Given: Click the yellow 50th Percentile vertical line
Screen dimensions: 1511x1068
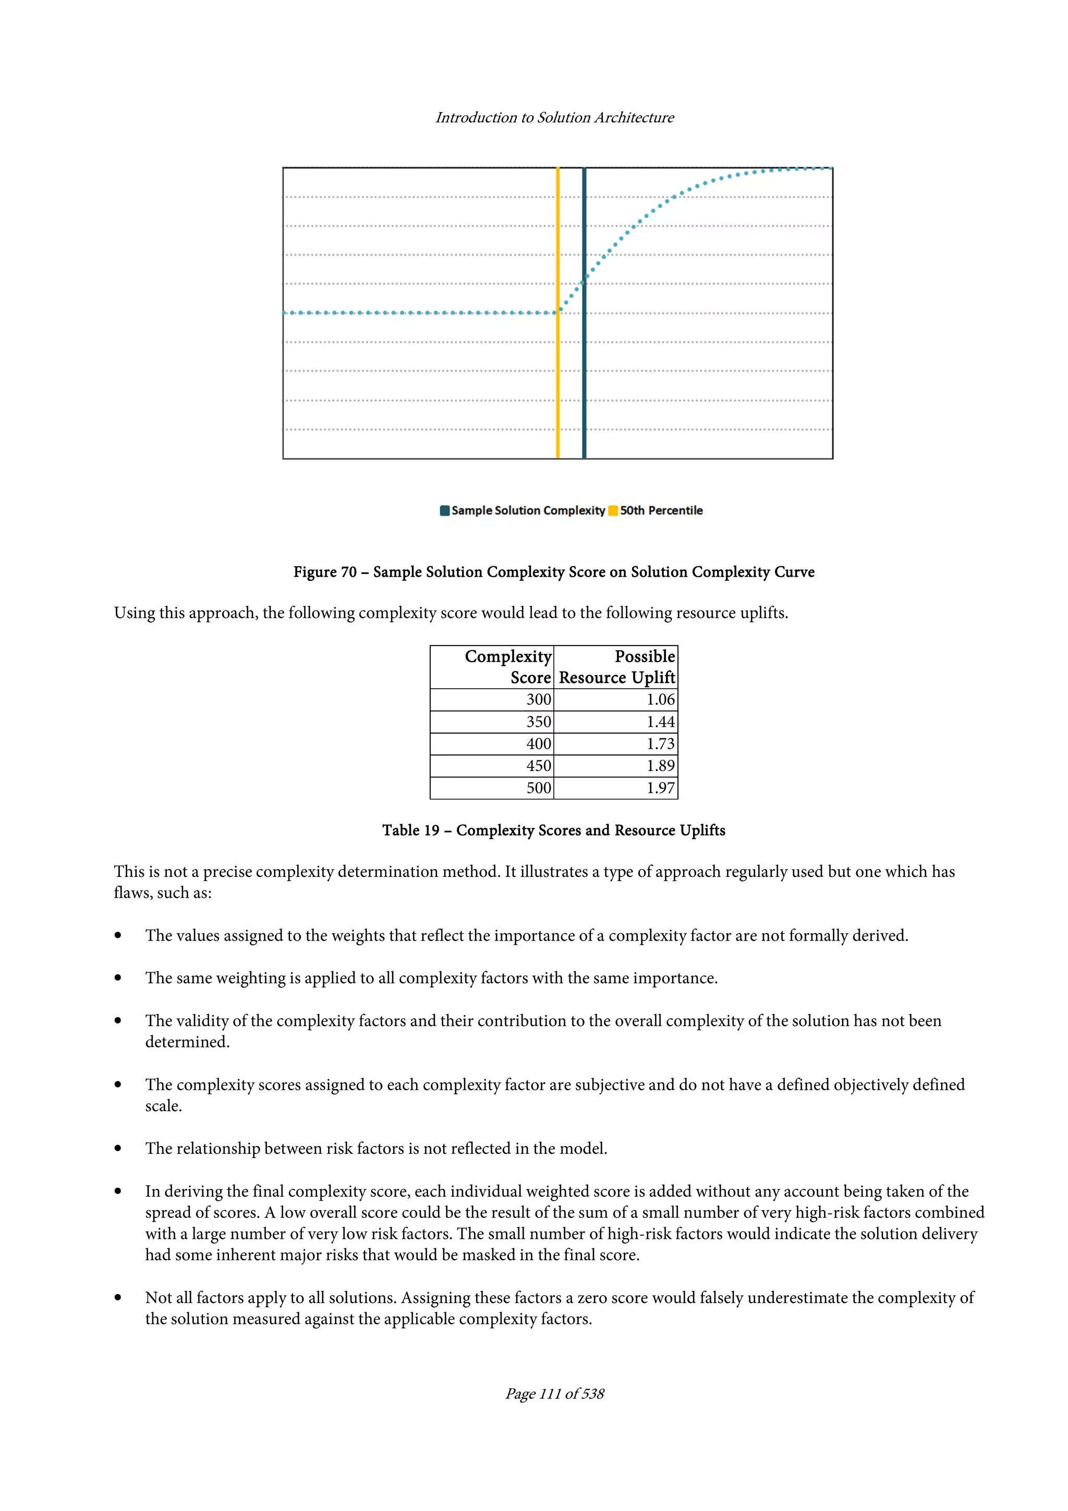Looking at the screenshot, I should [557, 382].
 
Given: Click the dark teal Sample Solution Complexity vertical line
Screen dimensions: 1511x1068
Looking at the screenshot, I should [584, 382].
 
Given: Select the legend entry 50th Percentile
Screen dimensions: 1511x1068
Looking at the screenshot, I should [661, 510].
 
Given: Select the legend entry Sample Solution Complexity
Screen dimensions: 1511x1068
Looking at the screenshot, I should [528, 510].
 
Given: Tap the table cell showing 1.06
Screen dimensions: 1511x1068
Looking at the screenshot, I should [660, 700].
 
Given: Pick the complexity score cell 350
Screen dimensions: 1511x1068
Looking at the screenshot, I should [538, 722].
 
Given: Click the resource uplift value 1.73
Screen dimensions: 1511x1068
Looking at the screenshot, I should [660, 744].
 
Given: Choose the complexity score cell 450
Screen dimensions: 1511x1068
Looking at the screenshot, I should [538, 766].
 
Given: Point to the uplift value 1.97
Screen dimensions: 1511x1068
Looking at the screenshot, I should [660, 788].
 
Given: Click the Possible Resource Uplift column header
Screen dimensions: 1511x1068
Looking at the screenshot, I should [616, 667].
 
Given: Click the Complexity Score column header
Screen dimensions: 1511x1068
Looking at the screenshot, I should [508, 667].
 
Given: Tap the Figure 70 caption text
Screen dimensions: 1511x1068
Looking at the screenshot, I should [553, 572].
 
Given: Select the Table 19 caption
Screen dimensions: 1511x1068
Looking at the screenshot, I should [553, 831].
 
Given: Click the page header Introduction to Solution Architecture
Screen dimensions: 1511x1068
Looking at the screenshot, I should [554, 117].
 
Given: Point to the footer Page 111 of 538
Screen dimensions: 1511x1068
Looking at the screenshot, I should [554, 1393].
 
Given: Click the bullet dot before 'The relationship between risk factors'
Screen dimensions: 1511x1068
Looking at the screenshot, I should [118, 1149].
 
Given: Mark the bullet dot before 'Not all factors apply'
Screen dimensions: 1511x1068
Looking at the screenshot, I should [118, 1298].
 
